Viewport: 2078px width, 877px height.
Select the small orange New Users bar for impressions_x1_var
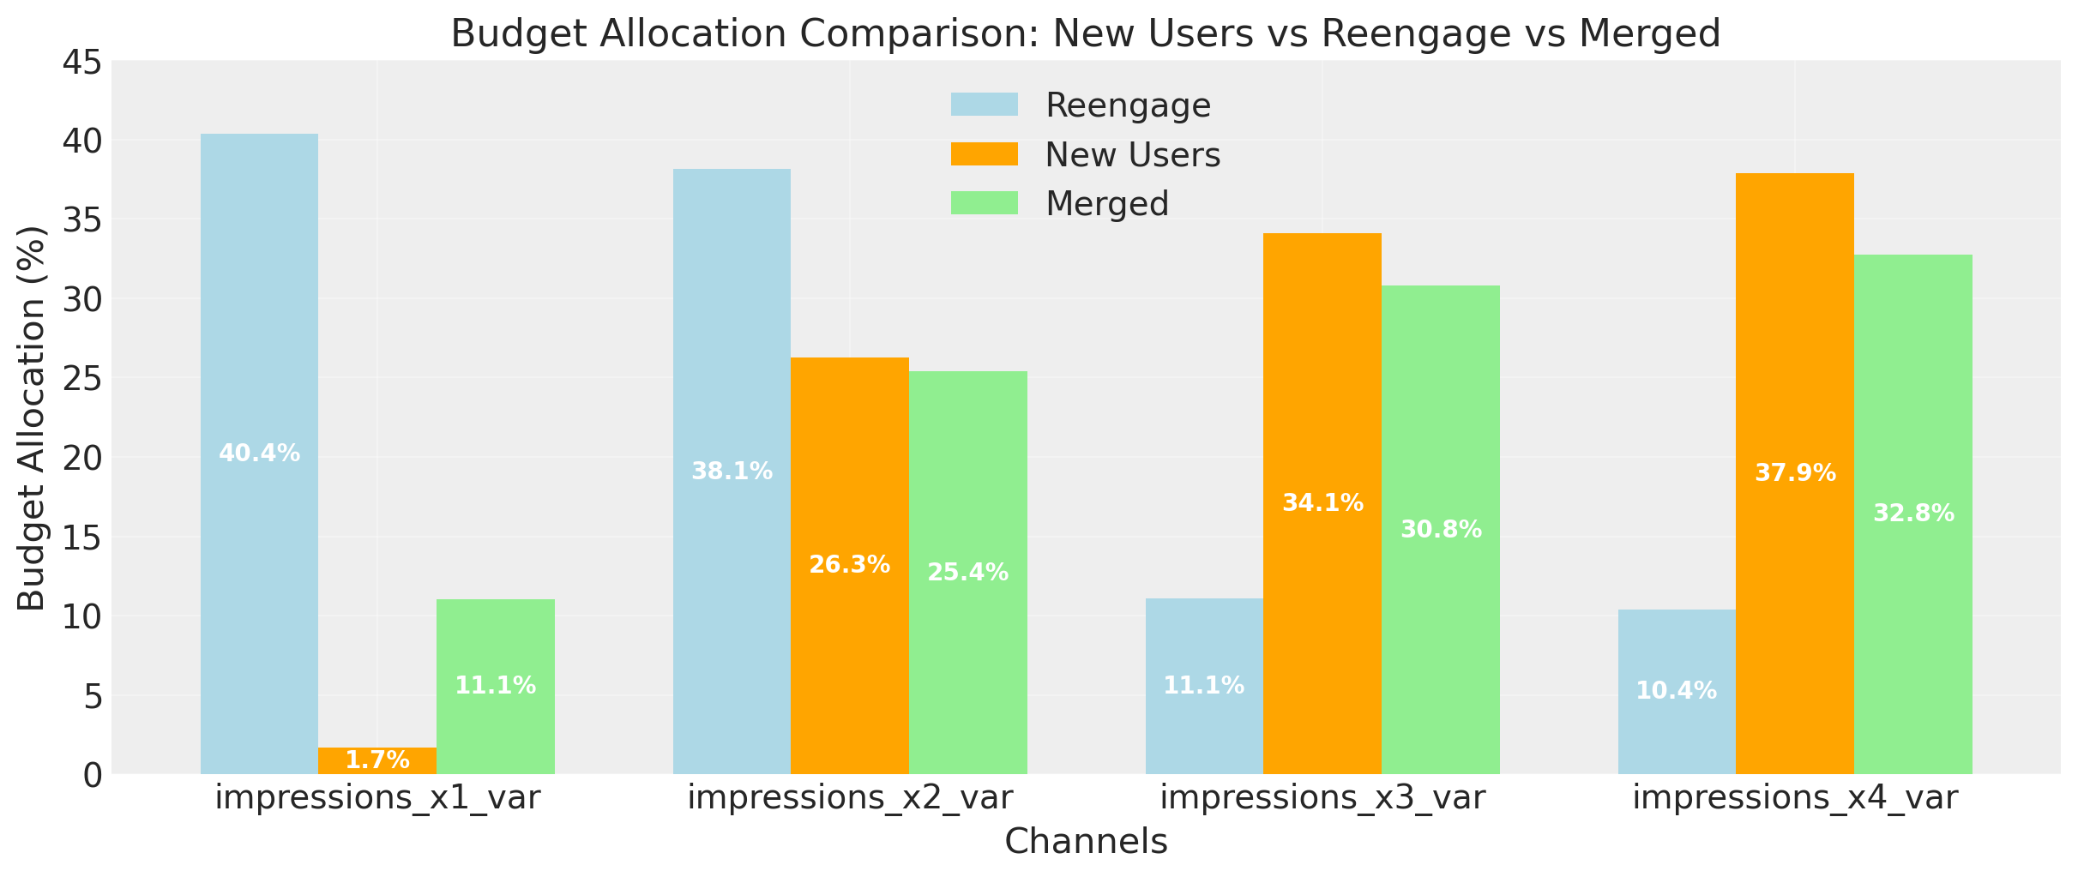click(377, 760)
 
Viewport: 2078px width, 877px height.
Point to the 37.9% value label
click(1795, 473)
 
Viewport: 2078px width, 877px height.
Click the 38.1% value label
click(732, 472)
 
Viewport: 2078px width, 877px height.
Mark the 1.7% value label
click(377, 760)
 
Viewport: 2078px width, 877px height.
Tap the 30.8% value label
click(1441, 530)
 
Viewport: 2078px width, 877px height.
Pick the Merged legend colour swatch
click(984, 204)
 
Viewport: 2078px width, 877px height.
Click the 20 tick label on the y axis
click(81, 458)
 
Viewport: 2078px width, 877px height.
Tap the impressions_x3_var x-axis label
click(1322, 798)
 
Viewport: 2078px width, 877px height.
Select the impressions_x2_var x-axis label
click(850, 798)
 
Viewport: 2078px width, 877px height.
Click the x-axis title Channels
click(1086, 842)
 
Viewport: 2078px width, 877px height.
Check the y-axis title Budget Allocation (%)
click(33, 418)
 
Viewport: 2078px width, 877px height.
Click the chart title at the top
click(1086, 34)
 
